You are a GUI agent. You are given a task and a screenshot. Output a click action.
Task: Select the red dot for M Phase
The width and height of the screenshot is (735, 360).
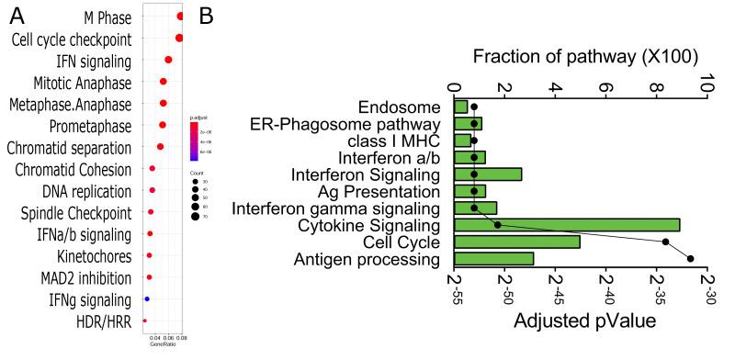click(181, 16)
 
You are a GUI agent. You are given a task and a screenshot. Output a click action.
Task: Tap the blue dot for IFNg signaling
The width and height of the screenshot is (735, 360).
click(147, 299)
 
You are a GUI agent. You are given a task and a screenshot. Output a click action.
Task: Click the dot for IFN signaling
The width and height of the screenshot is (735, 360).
click(168, 60)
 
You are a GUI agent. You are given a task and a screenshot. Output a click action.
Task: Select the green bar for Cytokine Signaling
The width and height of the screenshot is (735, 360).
click(567, 224)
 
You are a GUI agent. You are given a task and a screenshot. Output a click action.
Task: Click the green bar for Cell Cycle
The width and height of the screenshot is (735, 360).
click(517, 242)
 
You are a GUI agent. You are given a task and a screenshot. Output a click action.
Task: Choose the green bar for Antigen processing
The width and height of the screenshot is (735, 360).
click(494, 259)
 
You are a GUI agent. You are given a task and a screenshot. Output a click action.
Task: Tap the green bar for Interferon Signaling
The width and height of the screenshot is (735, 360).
click(488, 174)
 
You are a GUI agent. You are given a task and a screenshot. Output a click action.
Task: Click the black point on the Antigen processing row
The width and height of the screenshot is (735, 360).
click(691, 259)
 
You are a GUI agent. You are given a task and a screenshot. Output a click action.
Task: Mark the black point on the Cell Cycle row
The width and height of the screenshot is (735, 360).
click(666, 242)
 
